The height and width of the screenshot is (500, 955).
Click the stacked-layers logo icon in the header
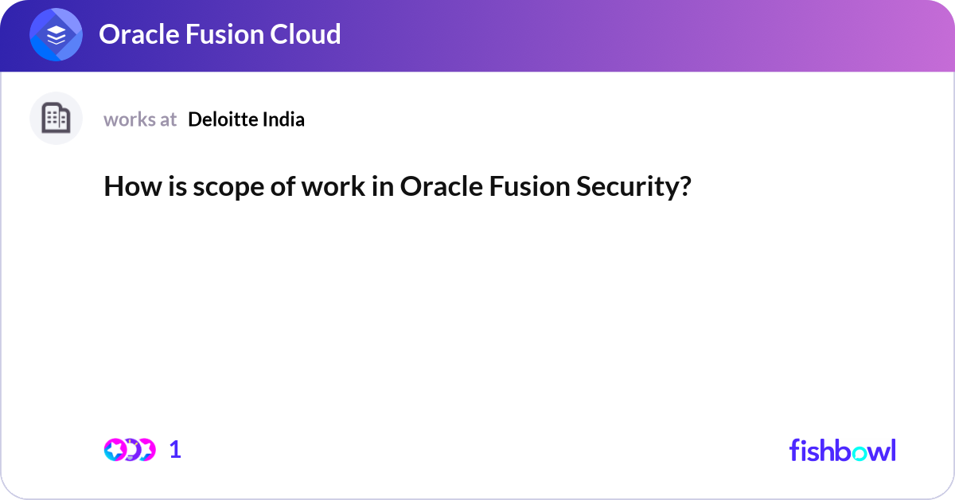pos(57,35)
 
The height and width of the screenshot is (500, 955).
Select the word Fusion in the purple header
pos(224,34)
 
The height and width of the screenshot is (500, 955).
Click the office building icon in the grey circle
pos(56,119)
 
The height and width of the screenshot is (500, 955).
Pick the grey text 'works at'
pos(140,119)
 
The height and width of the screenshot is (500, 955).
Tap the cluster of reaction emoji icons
pos(130,450)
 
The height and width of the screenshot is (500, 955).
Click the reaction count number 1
pos(175,450)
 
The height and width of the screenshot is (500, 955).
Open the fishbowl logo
pos(842,450)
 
